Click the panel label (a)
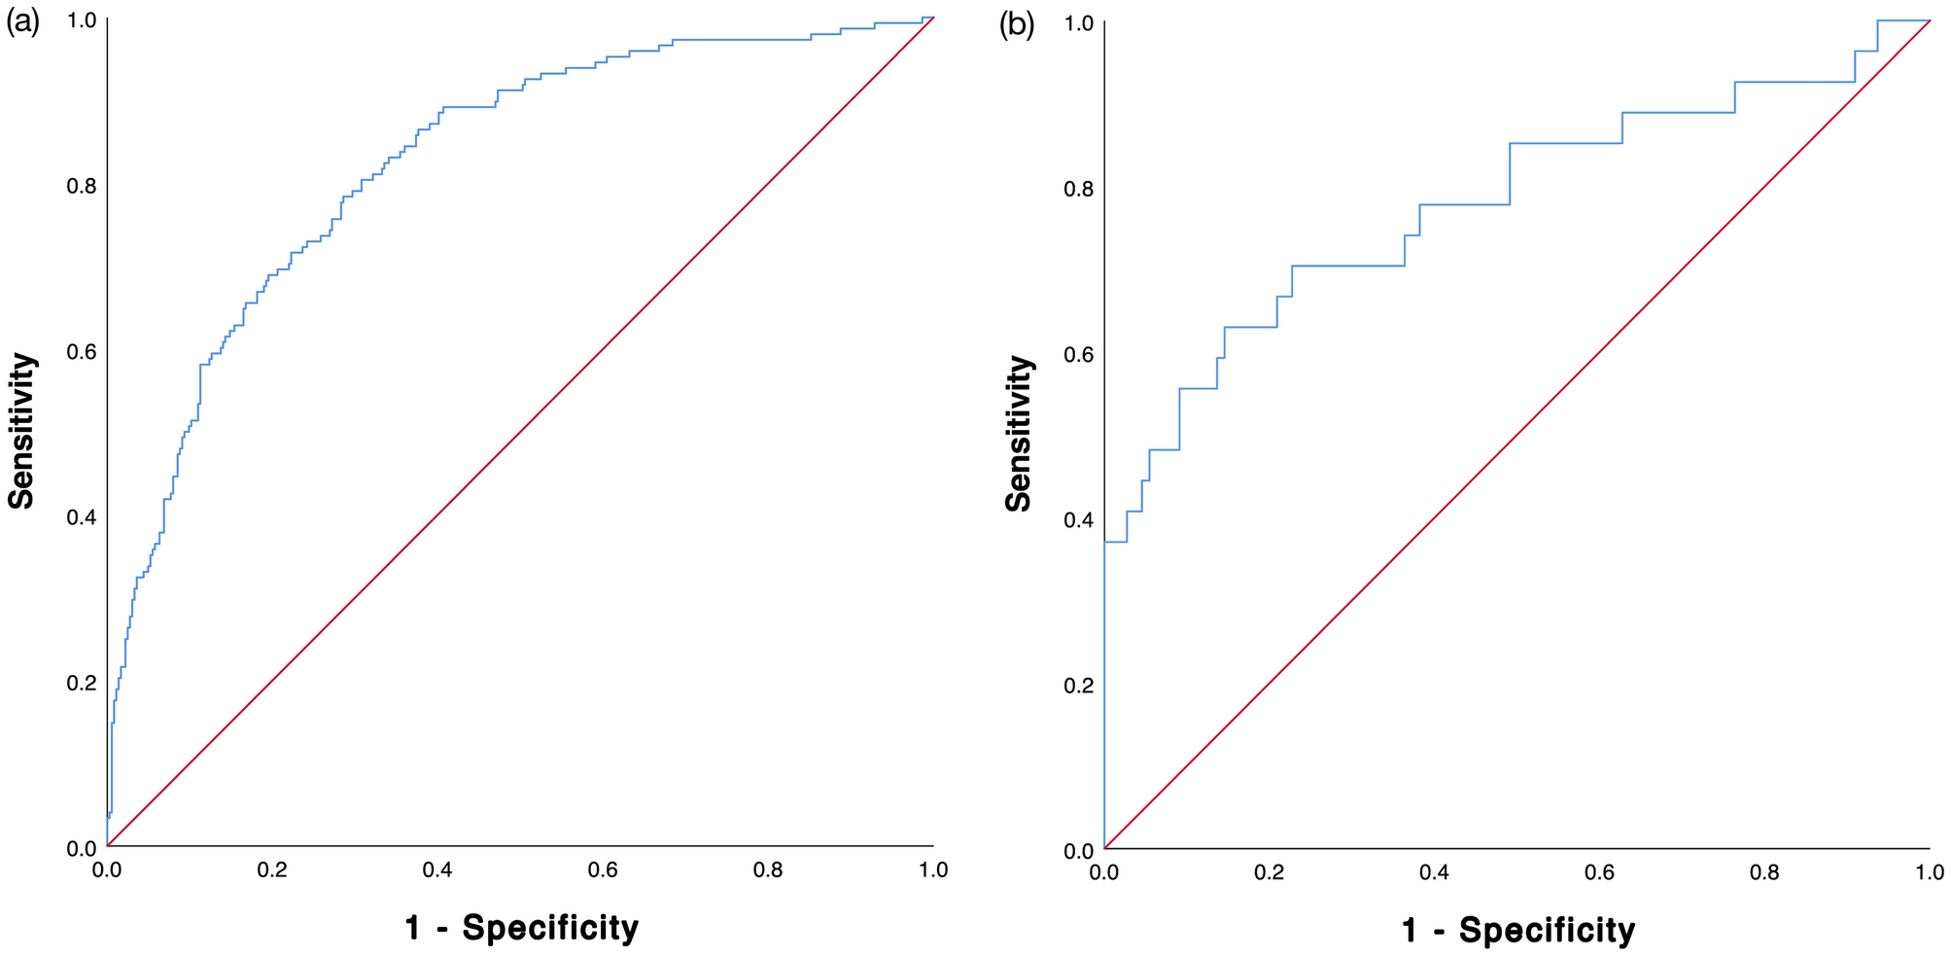tap(22, 24)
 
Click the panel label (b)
tap(1017, 26)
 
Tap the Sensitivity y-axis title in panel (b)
tap(1018, 434)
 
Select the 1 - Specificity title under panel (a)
tap(521, 928)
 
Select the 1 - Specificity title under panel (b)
tap(1517, 931)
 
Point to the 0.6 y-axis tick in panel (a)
tap(81, 351)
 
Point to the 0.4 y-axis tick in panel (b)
tap(1078, 520)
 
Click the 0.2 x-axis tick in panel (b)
tap(1269, 872)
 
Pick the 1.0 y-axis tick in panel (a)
tap(81, 20)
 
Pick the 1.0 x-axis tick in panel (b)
tap(1930, 872)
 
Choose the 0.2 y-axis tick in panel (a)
tap(81, 683)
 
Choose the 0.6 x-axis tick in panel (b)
tap(1599, 872)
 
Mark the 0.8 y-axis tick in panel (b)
tap(1078, 189)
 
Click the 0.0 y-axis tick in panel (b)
tap(1078, 851)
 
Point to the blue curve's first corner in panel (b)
tap(1104, 542)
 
